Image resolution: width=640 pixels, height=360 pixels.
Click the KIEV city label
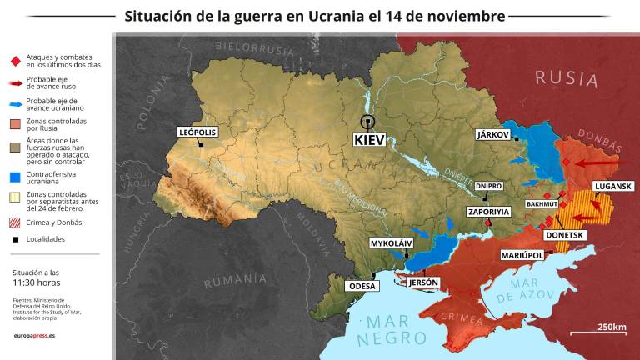(369, 140)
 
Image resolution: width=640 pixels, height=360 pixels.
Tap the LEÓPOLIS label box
(197, 132)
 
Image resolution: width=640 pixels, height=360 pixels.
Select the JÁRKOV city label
(492, 133)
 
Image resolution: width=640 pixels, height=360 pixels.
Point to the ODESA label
(362, 285)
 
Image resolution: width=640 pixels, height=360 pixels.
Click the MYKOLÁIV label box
(392, 243)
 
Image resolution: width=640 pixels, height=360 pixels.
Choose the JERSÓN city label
(423, 282)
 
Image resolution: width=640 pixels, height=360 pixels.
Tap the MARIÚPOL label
(522, 255)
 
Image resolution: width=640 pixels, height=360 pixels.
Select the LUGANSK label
(612, 186)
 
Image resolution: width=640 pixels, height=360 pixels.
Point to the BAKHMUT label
(542, 203)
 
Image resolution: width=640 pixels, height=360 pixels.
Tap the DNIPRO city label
(489, 185)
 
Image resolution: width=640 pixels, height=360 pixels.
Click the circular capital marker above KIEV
(367, 121)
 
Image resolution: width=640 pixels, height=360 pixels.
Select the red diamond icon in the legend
(14, 60)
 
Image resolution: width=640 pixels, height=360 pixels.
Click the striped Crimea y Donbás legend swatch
(14, 222)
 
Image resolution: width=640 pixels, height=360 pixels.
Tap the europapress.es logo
(35, 334)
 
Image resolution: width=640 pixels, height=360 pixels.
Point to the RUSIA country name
(567, 78)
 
